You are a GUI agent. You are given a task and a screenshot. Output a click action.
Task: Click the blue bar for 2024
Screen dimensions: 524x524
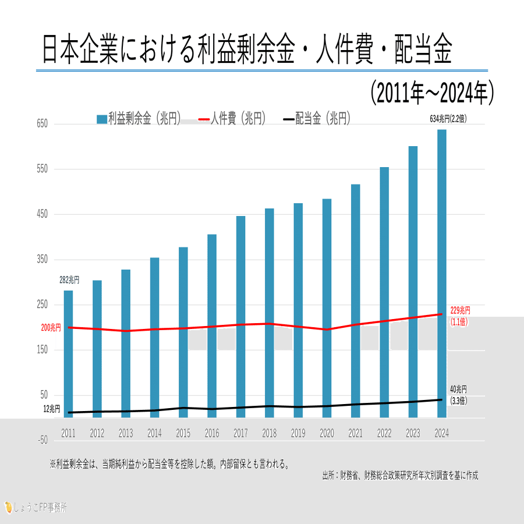442,273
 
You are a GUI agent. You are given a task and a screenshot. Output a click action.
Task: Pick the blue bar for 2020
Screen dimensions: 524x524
327,308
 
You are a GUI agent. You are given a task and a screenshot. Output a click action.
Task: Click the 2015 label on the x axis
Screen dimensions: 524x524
183,433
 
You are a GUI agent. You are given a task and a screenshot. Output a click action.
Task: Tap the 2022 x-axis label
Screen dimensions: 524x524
384,433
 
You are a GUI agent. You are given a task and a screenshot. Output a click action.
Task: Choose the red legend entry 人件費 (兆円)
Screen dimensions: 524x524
232,119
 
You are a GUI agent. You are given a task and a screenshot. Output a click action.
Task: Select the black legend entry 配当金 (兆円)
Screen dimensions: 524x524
317,119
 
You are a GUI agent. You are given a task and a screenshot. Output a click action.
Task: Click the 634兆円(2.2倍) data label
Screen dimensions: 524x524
448,118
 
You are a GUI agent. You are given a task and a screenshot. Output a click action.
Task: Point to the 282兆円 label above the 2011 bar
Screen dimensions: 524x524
69,281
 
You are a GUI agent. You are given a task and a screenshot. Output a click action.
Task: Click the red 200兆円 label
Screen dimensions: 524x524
51,328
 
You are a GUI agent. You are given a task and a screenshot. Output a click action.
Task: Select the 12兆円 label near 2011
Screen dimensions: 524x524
51,409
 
